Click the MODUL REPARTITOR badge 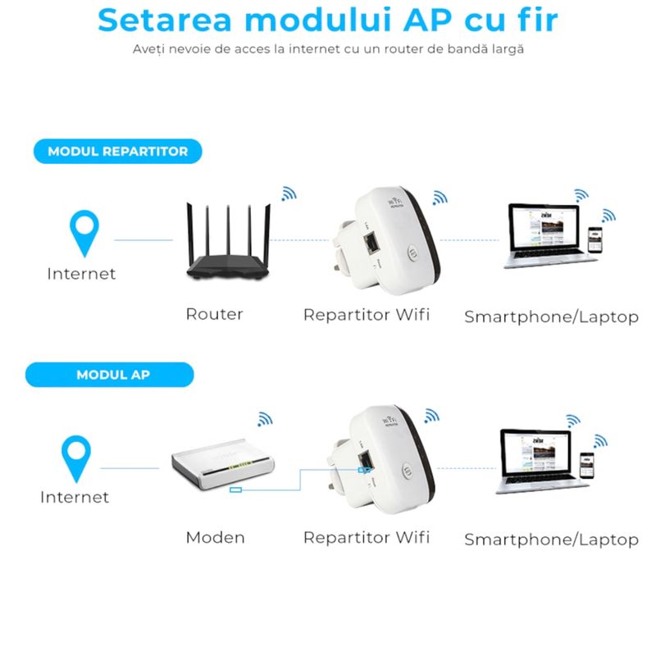(117, 152)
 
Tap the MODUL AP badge (112, 375)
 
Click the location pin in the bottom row (77, 458)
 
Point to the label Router (214, 314)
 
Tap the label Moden (215, 538)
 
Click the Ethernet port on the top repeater (371, 243)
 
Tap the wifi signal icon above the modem (264, 418)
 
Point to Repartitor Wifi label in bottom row (367, 538)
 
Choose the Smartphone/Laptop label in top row (551, 317)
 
